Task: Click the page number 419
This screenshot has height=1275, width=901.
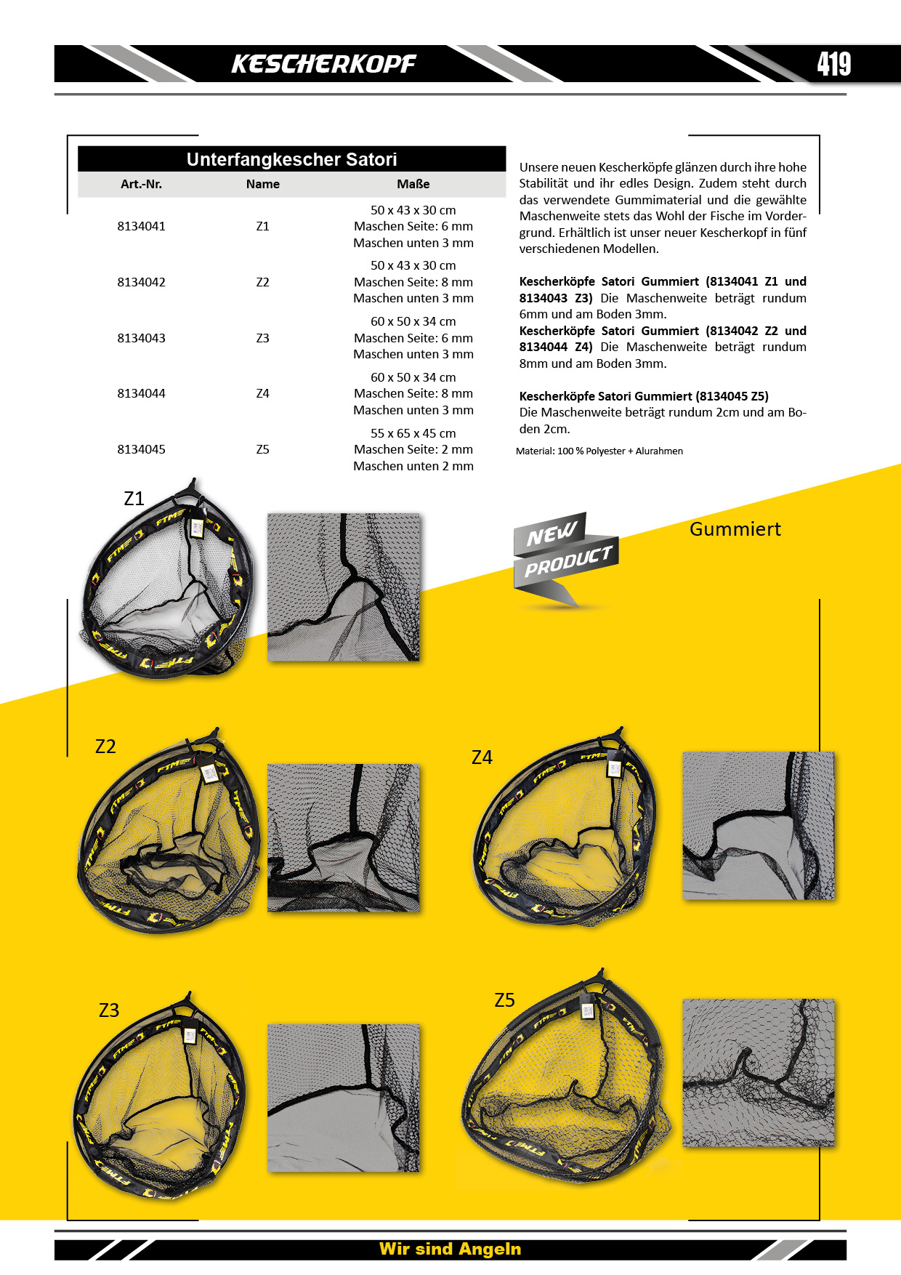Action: (x=833, y=64)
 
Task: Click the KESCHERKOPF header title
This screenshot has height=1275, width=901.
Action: (x=323, y=64)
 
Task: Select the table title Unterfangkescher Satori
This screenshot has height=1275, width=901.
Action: (x=291, y=159)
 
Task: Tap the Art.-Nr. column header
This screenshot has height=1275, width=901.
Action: (x=141, y=184)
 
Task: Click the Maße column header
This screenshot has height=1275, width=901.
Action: (x=413, y=184)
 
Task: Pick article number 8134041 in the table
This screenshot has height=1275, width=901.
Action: (x=141, y=226)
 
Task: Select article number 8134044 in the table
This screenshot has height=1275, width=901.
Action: (x=141, y=393)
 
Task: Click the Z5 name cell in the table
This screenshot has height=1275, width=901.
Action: (x=262, y=449)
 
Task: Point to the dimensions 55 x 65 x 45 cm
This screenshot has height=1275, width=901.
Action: (x=413, y=433)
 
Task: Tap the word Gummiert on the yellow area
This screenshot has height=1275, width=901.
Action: (x=735, y=529)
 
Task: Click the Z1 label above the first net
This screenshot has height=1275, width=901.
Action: (x=134, y=499)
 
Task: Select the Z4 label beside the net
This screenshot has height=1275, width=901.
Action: (x=482, y=757)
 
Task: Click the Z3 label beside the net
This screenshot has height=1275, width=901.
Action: (x=109, y=1010)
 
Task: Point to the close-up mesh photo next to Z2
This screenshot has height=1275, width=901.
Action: (x=344, y=837)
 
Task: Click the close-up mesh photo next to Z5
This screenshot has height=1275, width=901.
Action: (x=759, y=1072)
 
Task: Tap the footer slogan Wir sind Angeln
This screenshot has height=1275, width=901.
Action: (x=450, y=1249)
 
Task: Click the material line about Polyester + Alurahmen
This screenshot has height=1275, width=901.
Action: (x=599, y=451)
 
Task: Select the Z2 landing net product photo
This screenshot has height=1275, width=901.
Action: (x=169, y=832)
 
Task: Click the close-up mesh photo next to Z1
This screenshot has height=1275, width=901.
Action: (x=344, y=587)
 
